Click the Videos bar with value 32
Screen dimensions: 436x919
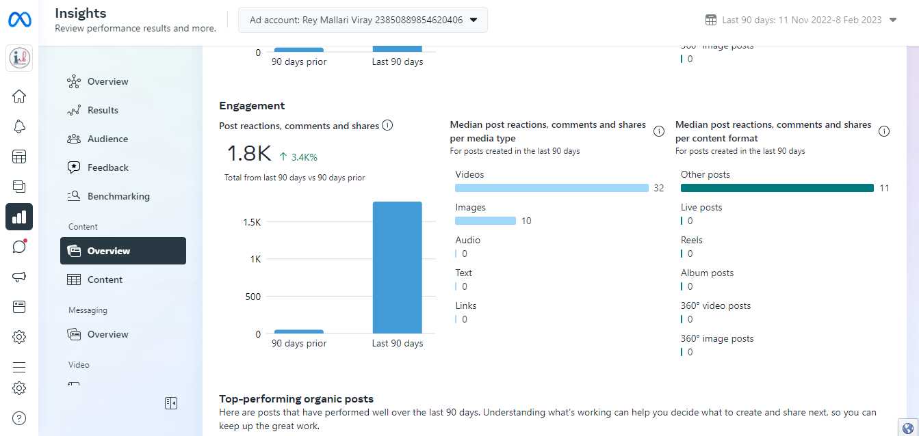552,188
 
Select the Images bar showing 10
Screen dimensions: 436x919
485,221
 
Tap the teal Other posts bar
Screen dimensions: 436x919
777,188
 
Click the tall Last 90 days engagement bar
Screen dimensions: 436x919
397,267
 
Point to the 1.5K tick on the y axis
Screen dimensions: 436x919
252,222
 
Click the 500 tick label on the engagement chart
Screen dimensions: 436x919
253,297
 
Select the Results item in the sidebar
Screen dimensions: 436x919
103,110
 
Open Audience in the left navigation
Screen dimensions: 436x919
107,139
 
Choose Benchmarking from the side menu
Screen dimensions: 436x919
118,196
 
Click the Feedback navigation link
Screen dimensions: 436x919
107,167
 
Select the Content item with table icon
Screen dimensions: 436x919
105,280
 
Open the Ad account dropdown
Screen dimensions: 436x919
363,20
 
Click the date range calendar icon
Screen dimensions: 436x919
711,20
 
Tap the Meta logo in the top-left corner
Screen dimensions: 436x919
19,20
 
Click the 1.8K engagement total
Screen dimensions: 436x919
249,154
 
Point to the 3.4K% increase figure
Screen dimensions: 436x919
304,157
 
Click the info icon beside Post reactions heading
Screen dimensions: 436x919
387,125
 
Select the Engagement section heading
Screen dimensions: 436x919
252,105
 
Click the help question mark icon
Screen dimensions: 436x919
19,418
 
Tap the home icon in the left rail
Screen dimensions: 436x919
19,96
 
